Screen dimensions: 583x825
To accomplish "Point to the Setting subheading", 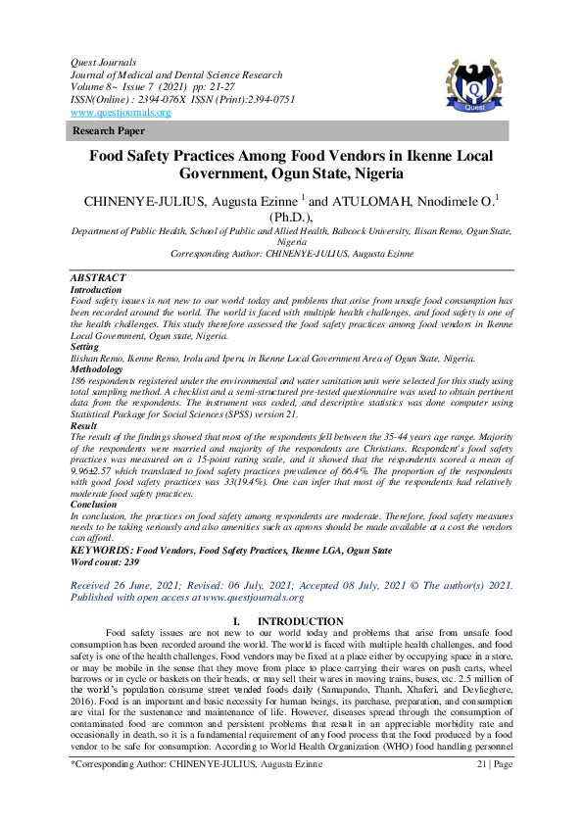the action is pyautogui.click(x=85, y=347).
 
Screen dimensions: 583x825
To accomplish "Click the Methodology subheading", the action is pyautogui.click(x=97, y=369).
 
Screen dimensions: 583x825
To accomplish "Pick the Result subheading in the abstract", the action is pyautogui.click(x=84, y=426).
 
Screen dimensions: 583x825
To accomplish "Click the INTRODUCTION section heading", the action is pyautogui.click(x=300, y=622).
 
